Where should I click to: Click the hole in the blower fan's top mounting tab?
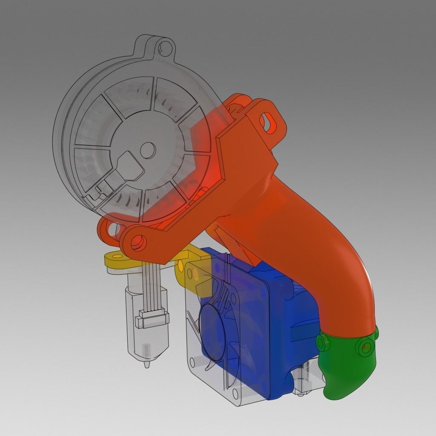point(164,46)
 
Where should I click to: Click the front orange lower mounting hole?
point(138,243)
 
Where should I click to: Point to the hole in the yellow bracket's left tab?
point(114,256)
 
